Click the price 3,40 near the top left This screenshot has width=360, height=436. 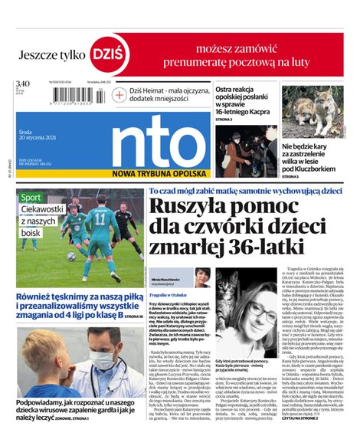pyautogui.click(x=22, y=84)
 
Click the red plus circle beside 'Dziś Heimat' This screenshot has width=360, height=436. pyautogui.click(x=119, y=94)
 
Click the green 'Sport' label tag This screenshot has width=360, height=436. pyautogui.click(x=31, y=197)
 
